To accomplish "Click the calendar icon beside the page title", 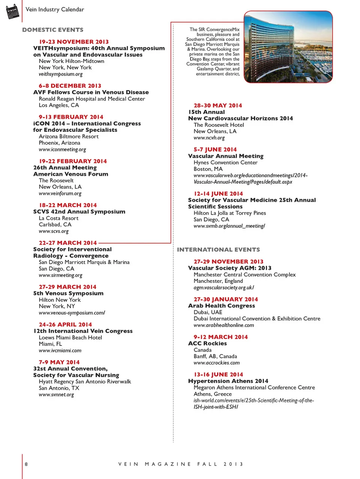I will click(13, 11).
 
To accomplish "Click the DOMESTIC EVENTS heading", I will click(53, 30).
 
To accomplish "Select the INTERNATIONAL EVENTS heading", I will click(218, 249).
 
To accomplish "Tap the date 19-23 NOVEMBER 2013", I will click(74, 42).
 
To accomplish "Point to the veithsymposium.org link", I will click(60, 74).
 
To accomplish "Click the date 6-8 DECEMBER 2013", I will click(70, 86).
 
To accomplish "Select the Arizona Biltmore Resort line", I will click(69, 136).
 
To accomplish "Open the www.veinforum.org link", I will click(60, 194).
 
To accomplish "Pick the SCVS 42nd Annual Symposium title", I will click(79, 212).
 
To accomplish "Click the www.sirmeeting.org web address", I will click(60, 275).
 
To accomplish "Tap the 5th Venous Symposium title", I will click(68, 293).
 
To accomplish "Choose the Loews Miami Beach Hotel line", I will click(70, 337).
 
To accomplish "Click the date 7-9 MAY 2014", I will click(59, 362).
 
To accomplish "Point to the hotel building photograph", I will click(288, 47).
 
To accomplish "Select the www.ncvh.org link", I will click(209, 138).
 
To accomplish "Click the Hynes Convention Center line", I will click(225, 162).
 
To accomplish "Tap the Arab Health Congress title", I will click(221, 306).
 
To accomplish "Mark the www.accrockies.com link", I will click(216, 363).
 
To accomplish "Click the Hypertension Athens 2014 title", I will click(228, 381).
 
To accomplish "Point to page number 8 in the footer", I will click(26, 464).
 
